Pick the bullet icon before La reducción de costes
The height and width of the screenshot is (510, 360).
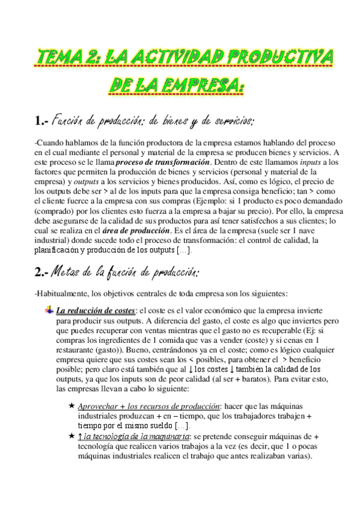pyautogui.click(x=49, y=310)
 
